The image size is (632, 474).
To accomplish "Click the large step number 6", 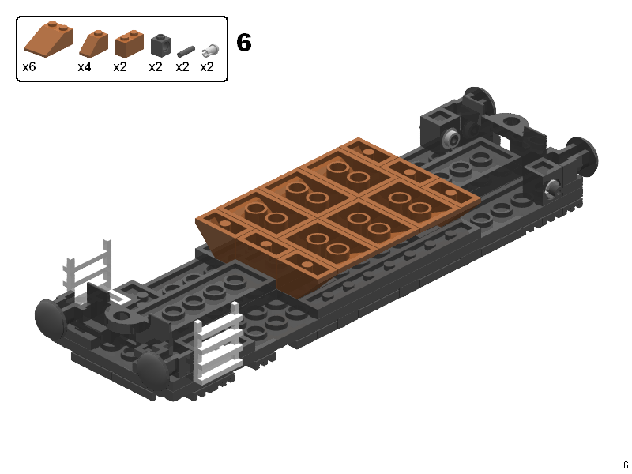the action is coord(243,43).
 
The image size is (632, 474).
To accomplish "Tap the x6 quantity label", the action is coord(29,66).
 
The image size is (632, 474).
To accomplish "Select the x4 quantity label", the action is coord(85,66).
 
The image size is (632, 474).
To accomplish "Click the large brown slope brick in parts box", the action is coord(49,37).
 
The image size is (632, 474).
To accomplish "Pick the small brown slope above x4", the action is coord(94,43).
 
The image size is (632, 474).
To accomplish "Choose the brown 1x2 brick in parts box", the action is coord(129,43).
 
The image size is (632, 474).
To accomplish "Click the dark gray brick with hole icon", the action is coord(160,45).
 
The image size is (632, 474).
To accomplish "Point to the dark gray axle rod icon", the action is coord(186,51).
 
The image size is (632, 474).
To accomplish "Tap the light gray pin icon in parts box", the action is coord(210,50).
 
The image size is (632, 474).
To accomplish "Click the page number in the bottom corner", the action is coord(626,465).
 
